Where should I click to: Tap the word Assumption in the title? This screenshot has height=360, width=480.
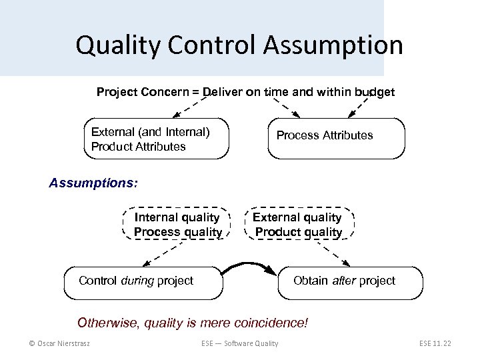pos(333,45)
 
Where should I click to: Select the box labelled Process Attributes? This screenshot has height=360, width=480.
pos(336,138)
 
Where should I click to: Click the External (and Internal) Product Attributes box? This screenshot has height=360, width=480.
pos(156,139)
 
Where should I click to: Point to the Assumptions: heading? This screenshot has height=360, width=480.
pos(93,183)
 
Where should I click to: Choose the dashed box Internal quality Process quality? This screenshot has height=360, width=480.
pos(177,225)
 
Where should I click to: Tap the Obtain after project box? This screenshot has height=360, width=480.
pos(351,281)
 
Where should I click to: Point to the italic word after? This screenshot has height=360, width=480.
pos(344,281)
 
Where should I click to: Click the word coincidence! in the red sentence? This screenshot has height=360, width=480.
pos(272,323)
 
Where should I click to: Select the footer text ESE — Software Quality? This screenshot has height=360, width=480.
pos(240,343)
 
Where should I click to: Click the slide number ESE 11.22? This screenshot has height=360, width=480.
pos(435,343)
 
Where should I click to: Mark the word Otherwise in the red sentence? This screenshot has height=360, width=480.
pos(106,323)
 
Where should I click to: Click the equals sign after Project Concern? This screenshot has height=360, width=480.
pos(195,92)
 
